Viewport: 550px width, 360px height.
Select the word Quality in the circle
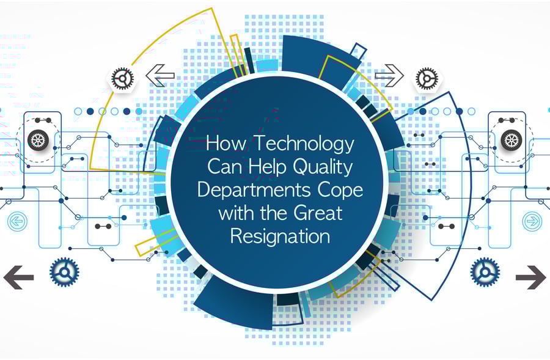coord(323,167)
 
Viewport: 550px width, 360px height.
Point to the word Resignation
coord(280,237)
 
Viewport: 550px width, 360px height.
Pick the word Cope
coord(340,191)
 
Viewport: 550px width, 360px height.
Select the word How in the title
coord(227,143)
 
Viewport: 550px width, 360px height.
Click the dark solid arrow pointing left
coord(18,277)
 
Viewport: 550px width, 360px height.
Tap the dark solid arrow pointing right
coord(530,277)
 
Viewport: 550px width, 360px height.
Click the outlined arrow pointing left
coord(160,75)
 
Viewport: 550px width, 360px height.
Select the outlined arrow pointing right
coord(389,75)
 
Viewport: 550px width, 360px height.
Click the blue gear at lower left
coord(64,272)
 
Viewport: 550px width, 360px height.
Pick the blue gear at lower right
coord(485,272)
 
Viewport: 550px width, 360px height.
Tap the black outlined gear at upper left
coord(123,79)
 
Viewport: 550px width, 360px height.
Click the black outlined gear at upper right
coord(427,79)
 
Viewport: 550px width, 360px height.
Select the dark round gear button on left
coord(38,140)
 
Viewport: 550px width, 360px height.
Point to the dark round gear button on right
coord(512,140)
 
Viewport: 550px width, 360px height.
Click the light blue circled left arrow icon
coord(17,221)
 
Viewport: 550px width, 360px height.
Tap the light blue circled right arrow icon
coord(532,221)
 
